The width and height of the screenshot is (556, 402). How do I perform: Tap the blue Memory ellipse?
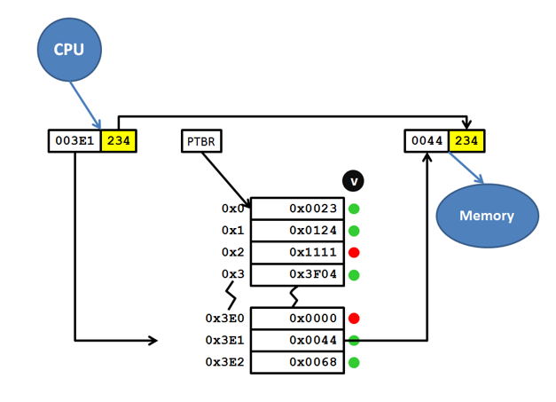(x=487, y=216)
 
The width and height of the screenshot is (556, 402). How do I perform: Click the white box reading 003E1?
(x=74, y=140)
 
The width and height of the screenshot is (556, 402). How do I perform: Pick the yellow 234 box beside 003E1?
(x=118, y=140)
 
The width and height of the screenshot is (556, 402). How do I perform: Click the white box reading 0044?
(x=427, y=140)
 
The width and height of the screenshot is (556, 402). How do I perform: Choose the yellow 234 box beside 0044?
(x=466, y=140)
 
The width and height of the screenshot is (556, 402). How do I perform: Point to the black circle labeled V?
(x=354, y=181)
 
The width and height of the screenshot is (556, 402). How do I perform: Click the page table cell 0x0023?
(x=295, y=209)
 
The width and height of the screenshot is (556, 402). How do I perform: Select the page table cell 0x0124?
(x=295, y=231)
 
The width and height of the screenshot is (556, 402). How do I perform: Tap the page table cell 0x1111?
(x=295, y=253)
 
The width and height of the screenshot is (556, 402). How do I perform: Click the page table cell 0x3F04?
(x=295, y=275)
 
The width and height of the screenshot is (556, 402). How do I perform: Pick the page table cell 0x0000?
(x=295, y=318)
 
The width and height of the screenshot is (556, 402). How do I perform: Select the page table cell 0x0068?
(x=295, y=362)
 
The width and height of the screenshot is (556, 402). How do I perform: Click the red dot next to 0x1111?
(x=354, y=253)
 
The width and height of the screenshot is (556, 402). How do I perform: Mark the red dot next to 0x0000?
(x=354, y=318)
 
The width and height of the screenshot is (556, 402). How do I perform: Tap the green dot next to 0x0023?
(x=354, y=209)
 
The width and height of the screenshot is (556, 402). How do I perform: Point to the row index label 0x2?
(x=231, y=253)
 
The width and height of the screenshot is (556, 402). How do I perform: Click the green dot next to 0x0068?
(x=354, y=362)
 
